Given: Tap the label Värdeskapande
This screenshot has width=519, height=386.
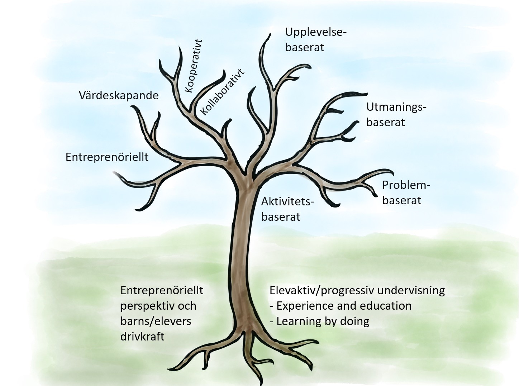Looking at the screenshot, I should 118,96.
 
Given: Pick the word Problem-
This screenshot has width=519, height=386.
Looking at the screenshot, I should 406,185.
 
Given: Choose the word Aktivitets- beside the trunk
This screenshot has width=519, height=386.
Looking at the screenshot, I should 287,202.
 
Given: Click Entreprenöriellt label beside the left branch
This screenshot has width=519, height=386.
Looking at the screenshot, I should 107,157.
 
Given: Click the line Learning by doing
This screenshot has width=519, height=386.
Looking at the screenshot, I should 323,321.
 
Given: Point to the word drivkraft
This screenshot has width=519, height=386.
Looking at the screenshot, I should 142,337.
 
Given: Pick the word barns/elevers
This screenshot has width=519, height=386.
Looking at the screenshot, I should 156,321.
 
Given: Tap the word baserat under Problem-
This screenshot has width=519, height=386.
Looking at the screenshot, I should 401,200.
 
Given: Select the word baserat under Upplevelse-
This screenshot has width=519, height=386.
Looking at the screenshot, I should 305,47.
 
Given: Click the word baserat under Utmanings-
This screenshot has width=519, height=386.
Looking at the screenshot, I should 385,122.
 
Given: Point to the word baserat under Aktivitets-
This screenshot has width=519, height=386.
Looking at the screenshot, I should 281,217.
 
